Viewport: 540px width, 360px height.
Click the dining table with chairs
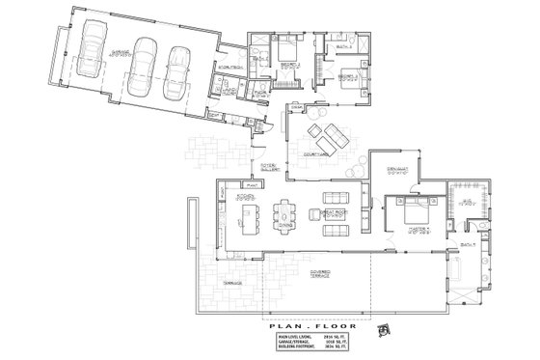(x=286, y=215)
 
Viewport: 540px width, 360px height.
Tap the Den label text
(x=393, y=173)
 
